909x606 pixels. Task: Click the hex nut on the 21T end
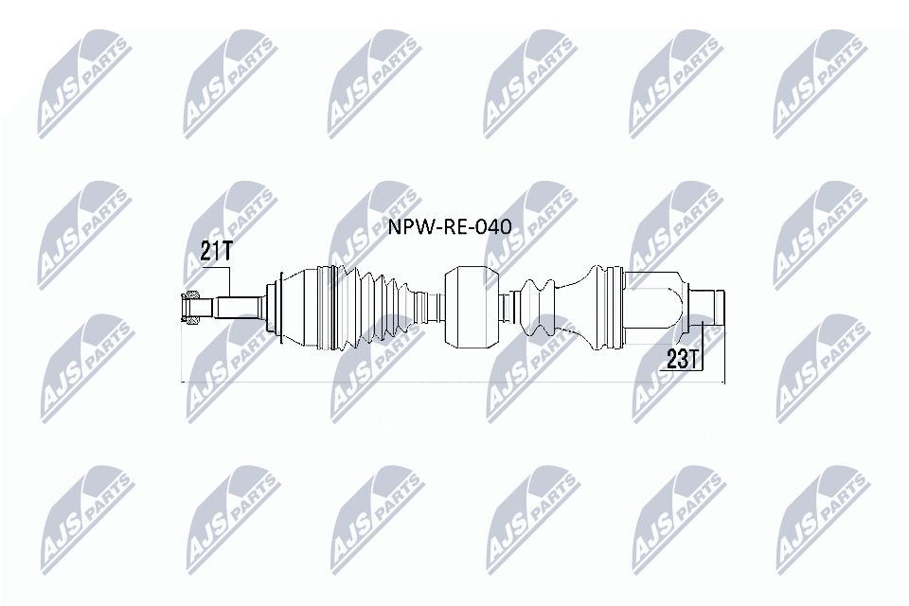190,307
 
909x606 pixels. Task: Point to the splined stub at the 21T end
239,307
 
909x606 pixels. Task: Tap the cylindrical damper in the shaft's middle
472,305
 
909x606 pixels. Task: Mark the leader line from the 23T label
705,341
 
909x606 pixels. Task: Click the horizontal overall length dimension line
454,383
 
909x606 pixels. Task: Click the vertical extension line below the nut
181,355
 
